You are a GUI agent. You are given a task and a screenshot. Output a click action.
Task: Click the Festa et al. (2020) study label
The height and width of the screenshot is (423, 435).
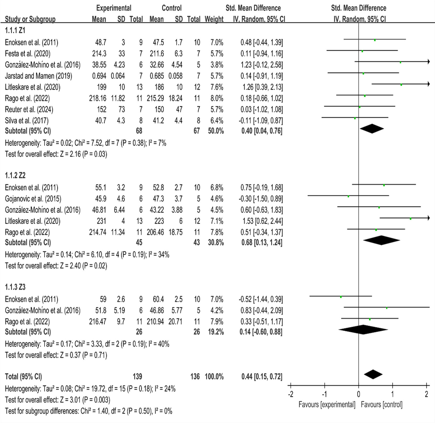(27, 54)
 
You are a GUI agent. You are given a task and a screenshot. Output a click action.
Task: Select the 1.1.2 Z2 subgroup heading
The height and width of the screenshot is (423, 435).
(15, 175)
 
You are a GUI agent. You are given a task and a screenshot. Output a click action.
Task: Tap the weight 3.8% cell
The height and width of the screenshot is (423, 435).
(217, 65)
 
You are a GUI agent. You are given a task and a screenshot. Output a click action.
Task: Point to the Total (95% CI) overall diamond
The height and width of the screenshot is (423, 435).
(373, 374)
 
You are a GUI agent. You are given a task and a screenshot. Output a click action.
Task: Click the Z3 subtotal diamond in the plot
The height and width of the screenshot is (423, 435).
(363, 330)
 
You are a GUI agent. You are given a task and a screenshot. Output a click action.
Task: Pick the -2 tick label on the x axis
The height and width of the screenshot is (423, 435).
(291, 394)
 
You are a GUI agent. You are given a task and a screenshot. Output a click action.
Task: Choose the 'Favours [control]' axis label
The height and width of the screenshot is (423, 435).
(381, 405)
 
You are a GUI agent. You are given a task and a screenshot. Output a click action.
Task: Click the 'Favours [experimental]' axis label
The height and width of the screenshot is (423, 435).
(327, 405)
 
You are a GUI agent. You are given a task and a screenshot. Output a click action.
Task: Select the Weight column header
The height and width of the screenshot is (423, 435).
(214, 19)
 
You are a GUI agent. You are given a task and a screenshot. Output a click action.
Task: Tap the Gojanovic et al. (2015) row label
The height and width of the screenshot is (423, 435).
(33, 199)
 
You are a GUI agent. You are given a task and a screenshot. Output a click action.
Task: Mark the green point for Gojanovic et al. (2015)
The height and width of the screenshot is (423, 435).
(348, 196)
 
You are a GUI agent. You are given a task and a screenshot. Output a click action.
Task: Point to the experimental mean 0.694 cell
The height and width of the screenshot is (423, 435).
(99, 76)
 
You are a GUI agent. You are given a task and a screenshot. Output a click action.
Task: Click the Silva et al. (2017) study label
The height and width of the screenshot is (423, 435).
(27, 120)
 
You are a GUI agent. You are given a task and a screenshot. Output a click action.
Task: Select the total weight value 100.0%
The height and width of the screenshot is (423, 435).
(214, 377)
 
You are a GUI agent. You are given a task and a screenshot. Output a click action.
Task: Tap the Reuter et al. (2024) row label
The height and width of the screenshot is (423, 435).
(29, 109)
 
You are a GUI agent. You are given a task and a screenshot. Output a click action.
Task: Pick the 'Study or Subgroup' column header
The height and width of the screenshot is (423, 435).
(30, 19)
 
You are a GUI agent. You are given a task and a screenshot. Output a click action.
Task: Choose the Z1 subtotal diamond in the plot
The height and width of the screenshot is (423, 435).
(372, 129)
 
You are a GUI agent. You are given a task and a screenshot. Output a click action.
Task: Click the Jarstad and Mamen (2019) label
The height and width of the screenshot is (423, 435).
(38, 76)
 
